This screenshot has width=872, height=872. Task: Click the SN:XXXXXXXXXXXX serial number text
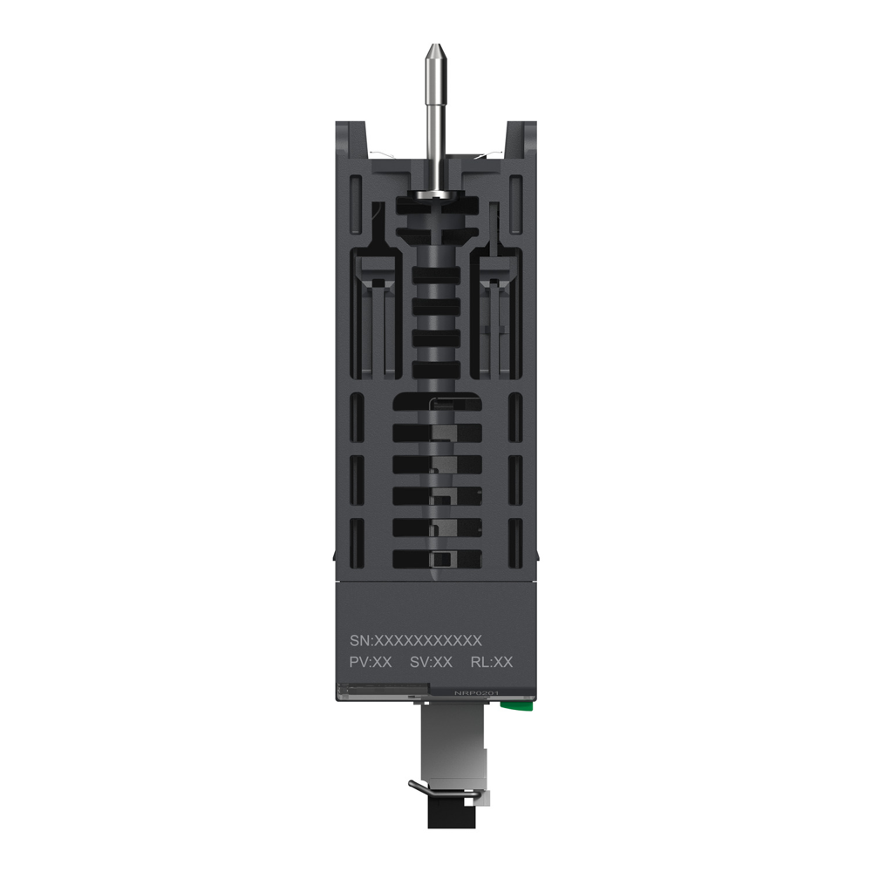click(415, 639)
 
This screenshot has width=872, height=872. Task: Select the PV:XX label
click(370, 663)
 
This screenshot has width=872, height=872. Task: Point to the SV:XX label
click(431, 663)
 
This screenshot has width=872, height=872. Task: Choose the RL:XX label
click(492, 663)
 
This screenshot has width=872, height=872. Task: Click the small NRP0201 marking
click(475, 693)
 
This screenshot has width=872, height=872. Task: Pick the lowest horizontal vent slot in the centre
click(436, 559)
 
